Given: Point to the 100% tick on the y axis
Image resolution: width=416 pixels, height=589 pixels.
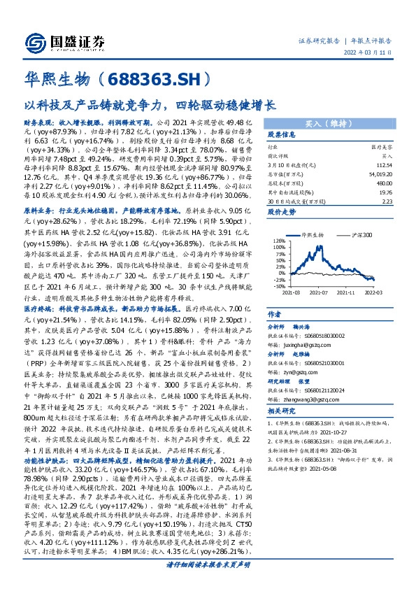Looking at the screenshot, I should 278,247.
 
